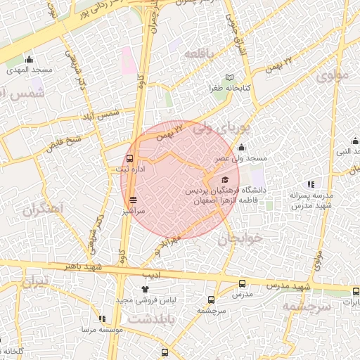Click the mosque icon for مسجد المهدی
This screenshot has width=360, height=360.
tap(29, 59)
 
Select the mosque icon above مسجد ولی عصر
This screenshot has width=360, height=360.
tap(241, 147)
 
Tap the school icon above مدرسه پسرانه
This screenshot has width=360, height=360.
tap(310, 184)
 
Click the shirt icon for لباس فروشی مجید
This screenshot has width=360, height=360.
tap(146, 288)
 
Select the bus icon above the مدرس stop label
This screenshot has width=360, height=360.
tap(243, 284)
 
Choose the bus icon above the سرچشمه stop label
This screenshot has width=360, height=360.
tap(210, 299)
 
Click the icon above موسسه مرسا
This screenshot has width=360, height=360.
tap(102, 319)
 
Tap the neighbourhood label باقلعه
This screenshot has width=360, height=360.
tap(198, 53)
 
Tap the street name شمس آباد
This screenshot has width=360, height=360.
tap(101, 113)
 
